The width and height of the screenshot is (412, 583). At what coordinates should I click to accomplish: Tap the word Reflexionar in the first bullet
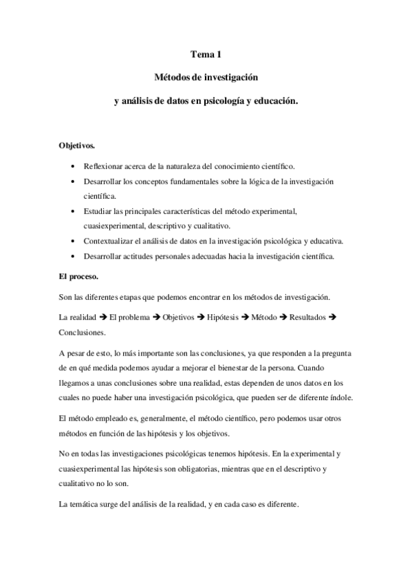tap(105, 167)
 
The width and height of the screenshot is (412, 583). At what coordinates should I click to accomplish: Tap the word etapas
tap(136, 297)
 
